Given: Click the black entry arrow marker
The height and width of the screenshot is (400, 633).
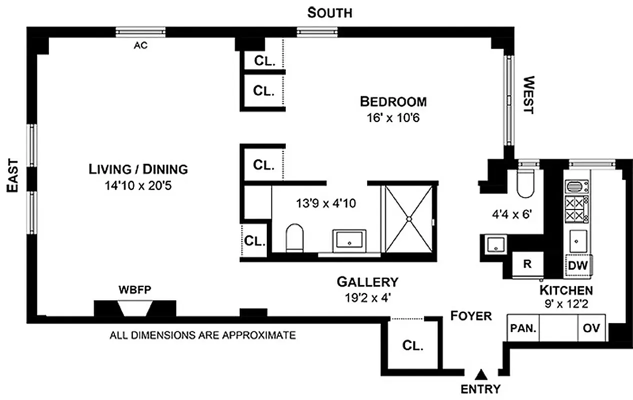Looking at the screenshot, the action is (x=481, y=374).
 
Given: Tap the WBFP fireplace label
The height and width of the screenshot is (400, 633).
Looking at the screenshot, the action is (x=135, y=289).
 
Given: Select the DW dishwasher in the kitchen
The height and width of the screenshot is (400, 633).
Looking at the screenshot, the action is (x=578, y=265).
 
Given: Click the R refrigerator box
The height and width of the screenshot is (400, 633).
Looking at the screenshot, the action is (x=528, y=264).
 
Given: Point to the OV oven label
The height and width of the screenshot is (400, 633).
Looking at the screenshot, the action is (x=592, y=328).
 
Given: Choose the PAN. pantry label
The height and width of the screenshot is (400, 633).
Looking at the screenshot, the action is (x=524, y=328).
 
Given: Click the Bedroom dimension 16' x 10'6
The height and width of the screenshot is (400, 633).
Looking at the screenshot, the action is (x=393, y=117).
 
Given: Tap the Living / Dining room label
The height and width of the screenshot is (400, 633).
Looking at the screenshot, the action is (x=138, y=169).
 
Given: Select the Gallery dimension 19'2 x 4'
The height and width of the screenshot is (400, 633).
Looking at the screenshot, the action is (x=368, y=298).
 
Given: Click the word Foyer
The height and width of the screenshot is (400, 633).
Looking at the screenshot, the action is (x=471, y=316).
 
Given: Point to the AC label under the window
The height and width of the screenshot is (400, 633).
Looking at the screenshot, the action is (x=140, y=45).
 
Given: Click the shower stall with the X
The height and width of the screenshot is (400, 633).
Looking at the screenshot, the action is (x=409, y=219).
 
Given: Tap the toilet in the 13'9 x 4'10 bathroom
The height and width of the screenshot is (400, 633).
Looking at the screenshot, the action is (x=294, y=238).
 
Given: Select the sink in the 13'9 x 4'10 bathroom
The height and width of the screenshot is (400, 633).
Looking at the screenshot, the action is (x=349, y=240).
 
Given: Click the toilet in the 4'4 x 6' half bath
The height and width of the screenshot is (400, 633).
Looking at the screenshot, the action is (x=525, y=183).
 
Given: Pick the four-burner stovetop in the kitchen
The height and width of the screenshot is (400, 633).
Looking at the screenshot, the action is (x=577, y=209).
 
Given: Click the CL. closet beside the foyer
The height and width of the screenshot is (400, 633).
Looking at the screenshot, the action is (x=413, y=345).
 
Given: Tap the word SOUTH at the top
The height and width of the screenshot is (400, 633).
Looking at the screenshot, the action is (x=330, y=13).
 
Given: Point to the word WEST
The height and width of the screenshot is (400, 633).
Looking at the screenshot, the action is (x=529, y=95).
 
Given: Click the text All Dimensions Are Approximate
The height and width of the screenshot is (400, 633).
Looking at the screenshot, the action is (x=203, y=335).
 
